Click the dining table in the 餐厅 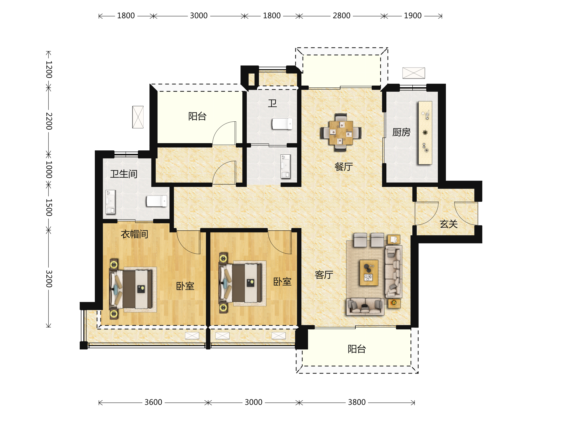coord(341,132)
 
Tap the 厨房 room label coord(401,132)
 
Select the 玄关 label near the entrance coord(449,224)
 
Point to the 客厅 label coord(324,275)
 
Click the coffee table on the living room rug coord(369,272)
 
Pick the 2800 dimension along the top coord(341,16)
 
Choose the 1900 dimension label coord(413,16)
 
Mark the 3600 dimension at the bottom coord(153,402)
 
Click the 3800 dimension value coord(357,402)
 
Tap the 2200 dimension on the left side coord(49,121)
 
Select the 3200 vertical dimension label coord(49,279)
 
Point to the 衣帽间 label coord(134,234)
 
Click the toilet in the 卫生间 coord(156,201)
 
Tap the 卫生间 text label coord(124,174)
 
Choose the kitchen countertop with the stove coord(425,133)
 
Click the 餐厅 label coord(344,167)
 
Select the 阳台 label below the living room coord(357,349)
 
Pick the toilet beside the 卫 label coord(282,124)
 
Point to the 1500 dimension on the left coord(49,207)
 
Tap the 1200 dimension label coord(49,69)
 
